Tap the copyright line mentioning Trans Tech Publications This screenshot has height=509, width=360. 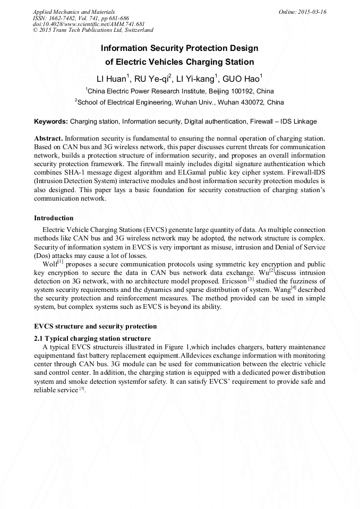(x=93, y=30)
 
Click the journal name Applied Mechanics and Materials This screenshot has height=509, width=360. (x=74, y=12)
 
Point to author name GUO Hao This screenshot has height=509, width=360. (x=241, y=79)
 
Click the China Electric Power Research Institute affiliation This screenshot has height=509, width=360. (x=180, y=91)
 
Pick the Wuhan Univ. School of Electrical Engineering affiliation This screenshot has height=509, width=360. (x=180, y=102)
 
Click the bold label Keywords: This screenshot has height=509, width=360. (x=51, y=122)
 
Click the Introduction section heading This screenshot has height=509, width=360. (x=54, y=218)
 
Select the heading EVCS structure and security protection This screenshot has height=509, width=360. (x=96, y=326)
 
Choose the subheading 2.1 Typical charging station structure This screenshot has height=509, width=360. (x=92, y=339)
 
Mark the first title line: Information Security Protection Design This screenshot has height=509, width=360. (x=180, y=48)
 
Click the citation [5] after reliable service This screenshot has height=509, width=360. (x=82, y=389)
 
